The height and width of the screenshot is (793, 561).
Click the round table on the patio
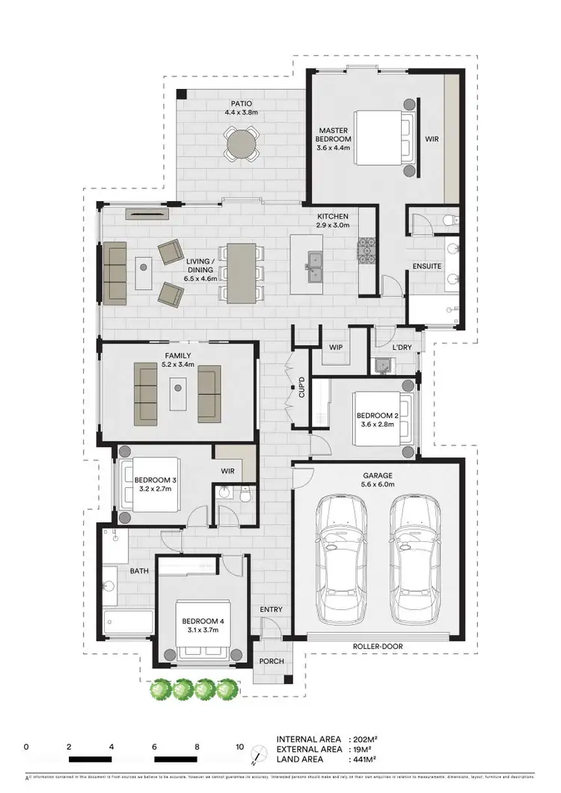coord(241,142)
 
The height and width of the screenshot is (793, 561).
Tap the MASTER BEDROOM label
coord(333,139)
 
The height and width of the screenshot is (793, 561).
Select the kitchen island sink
coord(313,260)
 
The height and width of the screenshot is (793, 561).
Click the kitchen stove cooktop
coord(367,251)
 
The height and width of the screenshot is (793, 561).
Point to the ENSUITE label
coord(426,266)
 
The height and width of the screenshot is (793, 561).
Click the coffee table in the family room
coord(178,394)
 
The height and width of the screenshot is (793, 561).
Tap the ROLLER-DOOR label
coord(378,647)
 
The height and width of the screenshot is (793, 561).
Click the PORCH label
coord(270,662)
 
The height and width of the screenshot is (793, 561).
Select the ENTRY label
coord(271,610)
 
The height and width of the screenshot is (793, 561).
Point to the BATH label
coord(140,570)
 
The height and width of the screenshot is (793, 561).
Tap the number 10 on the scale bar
coord(240,747)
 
